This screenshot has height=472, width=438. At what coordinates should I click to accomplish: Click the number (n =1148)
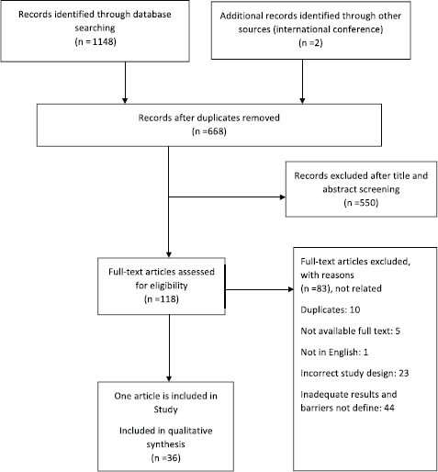coord(95,41)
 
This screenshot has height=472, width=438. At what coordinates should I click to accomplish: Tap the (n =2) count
coord(310,43)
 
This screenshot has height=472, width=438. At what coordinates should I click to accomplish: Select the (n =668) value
coord(209,131)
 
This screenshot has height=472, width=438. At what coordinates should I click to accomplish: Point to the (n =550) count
coord(361,203)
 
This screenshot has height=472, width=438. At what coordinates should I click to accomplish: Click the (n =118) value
coord(162,298)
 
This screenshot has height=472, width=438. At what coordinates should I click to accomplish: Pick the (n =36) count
coord(165,458)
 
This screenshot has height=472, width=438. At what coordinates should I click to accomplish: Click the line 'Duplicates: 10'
coord(331,309)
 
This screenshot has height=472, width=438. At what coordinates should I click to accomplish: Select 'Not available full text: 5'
coord(350,331)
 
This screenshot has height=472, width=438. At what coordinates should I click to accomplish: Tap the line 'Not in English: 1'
coord(334,352)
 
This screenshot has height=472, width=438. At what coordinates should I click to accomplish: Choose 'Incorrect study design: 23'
coord(354,373)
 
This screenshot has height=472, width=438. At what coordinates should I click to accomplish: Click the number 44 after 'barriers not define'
coord(388,408)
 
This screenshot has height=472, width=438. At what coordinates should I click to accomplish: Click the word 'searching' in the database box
coord(95,28)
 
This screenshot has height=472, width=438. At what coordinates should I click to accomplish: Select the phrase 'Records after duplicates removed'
coord(209,118)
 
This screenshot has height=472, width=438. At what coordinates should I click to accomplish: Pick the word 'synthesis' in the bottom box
coord(165,444)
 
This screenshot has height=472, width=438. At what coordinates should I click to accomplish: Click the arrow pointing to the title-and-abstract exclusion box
coord(227,197)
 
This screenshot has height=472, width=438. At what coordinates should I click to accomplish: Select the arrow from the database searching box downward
coord(125,83)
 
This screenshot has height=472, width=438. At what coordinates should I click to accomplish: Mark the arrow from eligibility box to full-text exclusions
coord(260,289)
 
